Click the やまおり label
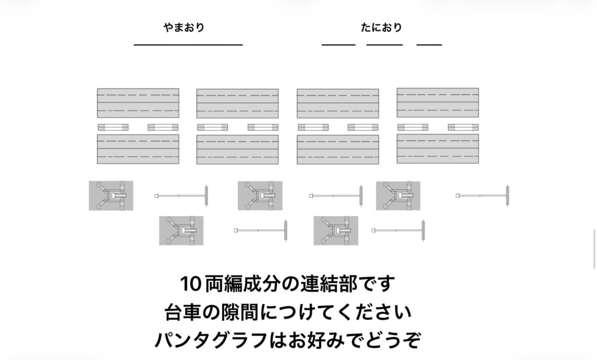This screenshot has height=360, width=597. tap(184, 27)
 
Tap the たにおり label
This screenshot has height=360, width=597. tap(381, 27)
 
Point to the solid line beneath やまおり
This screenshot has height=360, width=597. tap(188, 45)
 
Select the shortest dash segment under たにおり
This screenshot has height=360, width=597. tap(429, 45)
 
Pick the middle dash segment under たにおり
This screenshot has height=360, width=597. tap(385, 45)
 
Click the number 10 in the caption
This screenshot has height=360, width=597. tap(190, 284)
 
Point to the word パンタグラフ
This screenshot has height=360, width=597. tap(211, 340)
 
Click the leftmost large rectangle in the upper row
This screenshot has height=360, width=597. tap(138, 103)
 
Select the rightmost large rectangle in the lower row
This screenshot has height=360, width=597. tap(438, 149)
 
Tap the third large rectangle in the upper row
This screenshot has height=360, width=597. tap(338, 104)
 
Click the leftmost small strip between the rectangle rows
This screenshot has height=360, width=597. tap(113, 127)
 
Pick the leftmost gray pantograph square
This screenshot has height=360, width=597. tap(111, 196)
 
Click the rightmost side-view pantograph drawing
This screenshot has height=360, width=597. tap(482, 196)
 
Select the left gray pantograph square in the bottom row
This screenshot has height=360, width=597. tap(181, 231)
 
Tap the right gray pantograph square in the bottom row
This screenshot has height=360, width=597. tap(336, 231)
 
